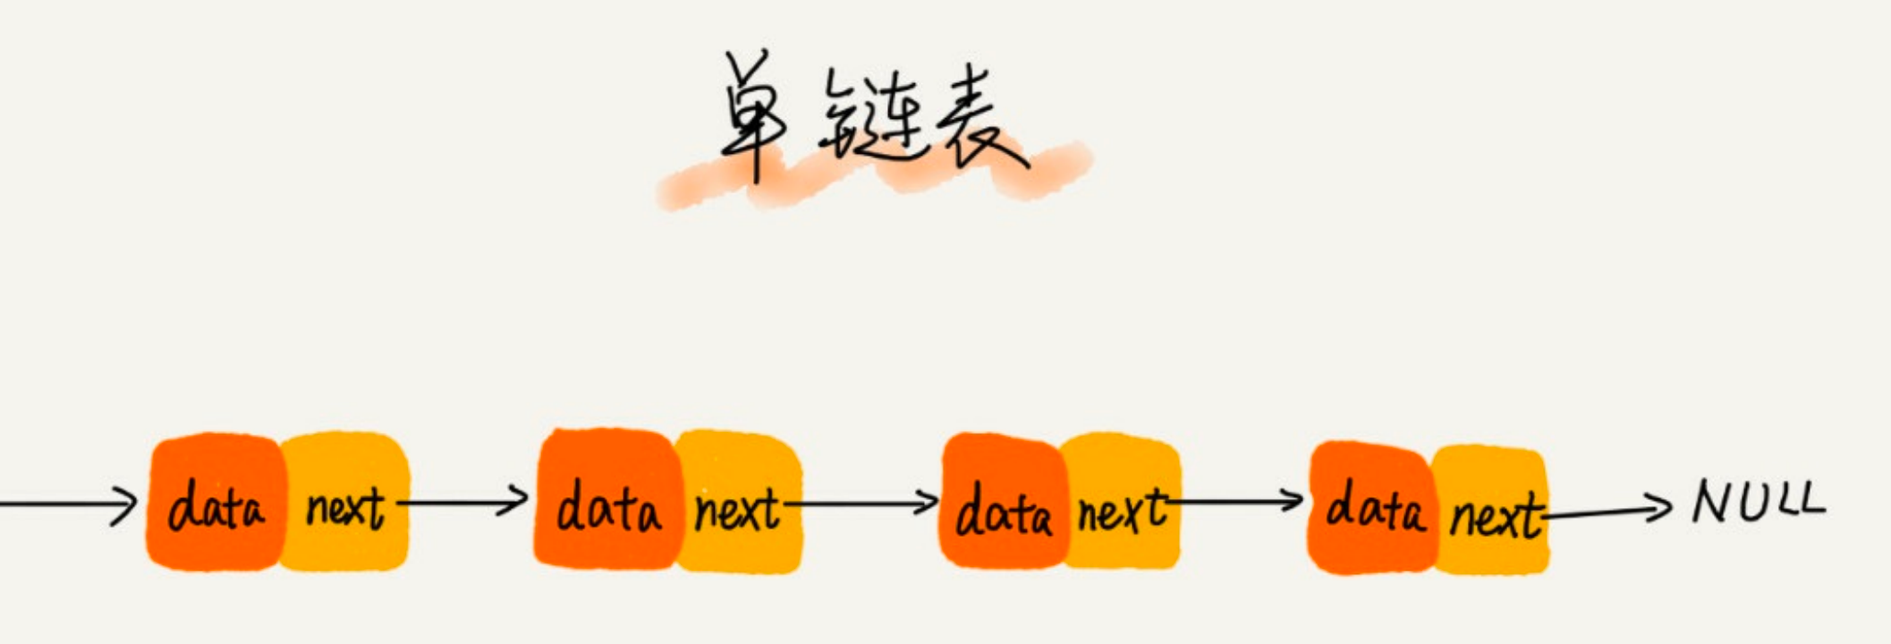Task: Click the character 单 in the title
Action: pyautogui.click(x=753, y=116)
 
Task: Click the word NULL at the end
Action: pyautogui.click(x=1757, y=503)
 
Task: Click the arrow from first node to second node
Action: pyautogui.click(x=462, y=502)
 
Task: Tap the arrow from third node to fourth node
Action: pyautogui.click(x=1234, y=501)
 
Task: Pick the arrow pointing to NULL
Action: pyautogui.click(x=1606, y=511)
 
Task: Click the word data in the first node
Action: pyautogui.click(x=216, y=506)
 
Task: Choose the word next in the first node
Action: pyautogui.click(x=345, y=508)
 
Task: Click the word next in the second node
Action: pyautogui.click(x=737, y=510)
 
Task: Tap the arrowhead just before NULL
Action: pyautogui.click(x=1660, y=507)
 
